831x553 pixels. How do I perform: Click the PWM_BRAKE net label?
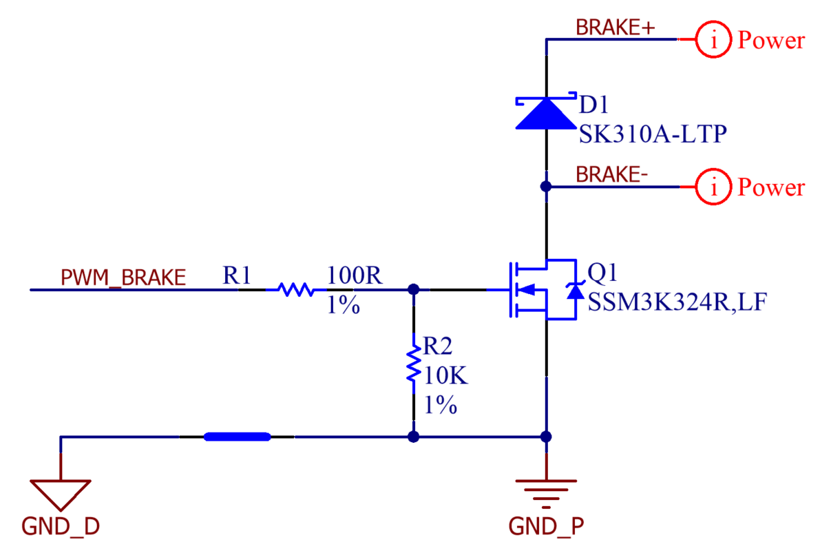123,278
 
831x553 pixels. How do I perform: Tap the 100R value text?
355,277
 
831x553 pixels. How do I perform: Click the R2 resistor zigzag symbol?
413,365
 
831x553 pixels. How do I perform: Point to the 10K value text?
445,377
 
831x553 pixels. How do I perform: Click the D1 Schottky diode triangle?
546,113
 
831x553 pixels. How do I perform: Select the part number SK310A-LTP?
652,134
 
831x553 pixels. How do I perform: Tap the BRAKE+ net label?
615,28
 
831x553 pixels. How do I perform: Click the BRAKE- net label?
611,175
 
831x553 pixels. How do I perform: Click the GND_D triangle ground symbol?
61,494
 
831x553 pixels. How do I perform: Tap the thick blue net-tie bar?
238,437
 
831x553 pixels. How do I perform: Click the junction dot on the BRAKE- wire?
546,187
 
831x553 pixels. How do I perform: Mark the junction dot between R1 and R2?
413,290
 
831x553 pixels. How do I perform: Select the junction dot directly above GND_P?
546,437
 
